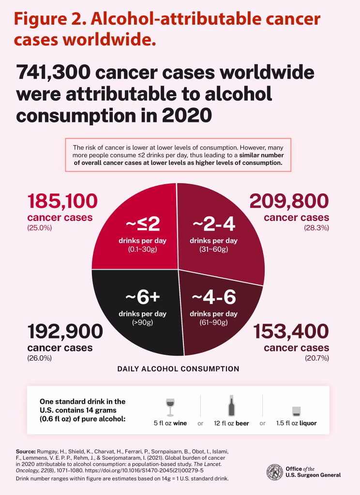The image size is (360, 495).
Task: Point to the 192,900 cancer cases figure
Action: tap(65, 332)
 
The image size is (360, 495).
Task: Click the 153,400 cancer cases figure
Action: tap(291, 332)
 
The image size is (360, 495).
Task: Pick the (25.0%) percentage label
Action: tap(39, 228)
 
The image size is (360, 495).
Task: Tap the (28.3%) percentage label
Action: tap(316, 228)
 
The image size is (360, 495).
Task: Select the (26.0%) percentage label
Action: tap(39, 358)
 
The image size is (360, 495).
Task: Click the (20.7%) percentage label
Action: tap(316, 358)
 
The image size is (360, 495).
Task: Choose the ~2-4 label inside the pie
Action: tap(213, 224)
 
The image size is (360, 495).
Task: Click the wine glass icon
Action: tap(170, 407)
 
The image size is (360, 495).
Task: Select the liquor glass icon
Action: tap(297, 411)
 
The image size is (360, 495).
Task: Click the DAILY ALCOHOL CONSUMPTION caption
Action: tap(178, 369)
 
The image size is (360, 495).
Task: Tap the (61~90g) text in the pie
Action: tap(213, 322)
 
